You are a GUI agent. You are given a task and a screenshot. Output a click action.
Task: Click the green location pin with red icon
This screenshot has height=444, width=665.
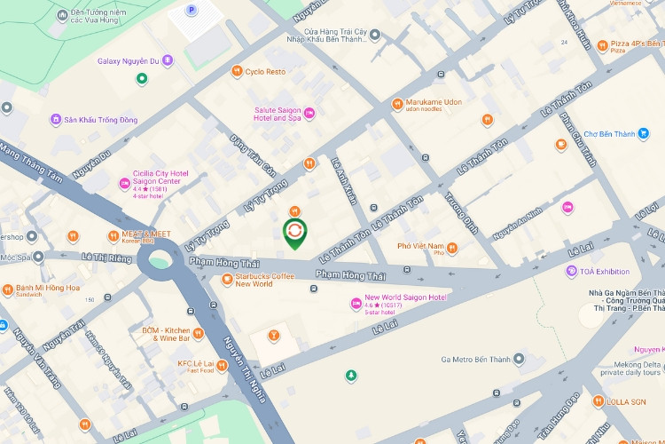[294, 233]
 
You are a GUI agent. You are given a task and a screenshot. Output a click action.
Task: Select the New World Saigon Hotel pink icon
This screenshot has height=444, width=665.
[356, 304]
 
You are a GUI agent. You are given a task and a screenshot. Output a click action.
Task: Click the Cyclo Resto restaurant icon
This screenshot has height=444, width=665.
[236, 71]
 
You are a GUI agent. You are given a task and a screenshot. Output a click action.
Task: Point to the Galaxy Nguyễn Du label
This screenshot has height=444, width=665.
[128, 60]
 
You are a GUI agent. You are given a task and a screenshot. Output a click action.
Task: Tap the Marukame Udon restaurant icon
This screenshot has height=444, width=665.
[397, 104]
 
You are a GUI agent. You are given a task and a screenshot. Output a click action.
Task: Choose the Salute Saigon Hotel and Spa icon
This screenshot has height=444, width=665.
[309, 114]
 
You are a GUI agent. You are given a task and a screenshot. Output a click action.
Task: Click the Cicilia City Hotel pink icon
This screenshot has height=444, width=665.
[125, 184]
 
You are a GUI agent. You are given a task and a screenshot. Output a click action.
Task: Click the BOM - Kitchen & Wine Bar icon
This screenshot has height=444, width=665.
[198, 334]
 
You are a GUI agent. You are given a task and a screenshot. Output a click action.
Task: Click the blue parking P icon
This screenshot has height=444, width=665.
[191, 10]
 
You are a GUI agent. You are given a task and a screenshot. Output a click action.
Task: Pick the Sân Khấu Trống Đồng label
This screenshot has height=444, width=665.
[98, 119]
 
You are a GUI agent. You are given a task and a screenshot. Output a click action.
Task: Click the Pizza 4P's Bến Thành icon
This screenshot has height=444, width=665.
[602, 45]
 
